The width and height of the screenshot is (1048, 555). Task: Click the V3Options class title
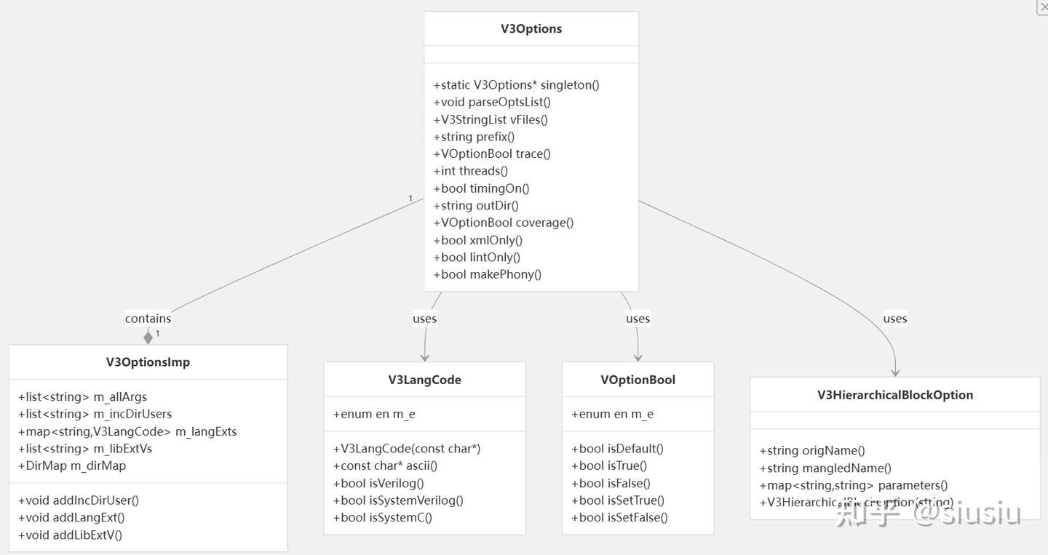pos(531,29)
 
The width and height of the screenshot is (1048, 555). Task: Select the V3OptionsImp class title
pos(148,362)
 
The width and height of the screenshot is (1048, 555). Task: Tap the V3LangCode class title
pos(424,380)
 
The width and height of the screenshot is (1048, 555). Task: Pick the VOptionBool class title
pos(638,380)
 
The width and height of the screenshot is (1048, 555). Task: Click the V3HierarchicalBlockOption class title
pos(894,395)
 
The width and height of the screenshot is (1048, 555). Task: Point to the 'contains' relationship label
pos(148,319)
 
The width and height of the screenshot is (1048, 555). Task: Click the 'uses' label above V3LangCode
pos(424,319)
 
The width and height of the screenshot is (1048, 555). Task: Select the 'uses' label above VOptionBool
pos(638,319)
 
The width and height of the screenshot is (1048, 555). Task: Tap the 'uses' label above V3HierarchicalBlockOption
pos(894,319)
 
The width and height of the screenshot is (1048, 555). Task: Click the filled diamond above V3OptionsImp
pos(148,337)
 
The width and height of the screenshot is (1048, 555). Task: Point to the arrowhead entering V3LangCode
pos(424,356)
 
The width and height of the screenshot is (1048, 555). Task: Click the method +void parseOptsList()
pos(492,103)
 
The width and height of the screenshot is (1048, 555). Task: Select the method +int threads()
pos(470,171)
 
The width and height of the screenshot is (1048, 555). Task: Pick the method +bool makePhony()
pos(487,275)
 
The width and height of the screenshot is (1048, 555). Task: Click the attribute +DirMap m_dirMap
pos(72,466)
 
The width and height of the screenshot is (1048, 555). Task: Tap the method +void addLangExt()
pos(71,518)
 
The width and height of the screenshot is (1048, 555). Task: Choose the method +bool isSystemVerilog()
pos(398,500)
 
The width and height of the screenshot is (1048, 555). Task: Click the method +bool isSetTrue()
pos(617,500)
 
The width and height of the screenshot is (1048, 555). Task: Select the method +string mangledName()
pos(825,468)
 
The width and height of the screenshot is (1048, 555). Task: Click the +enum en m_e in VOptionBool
pos(612,415)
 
